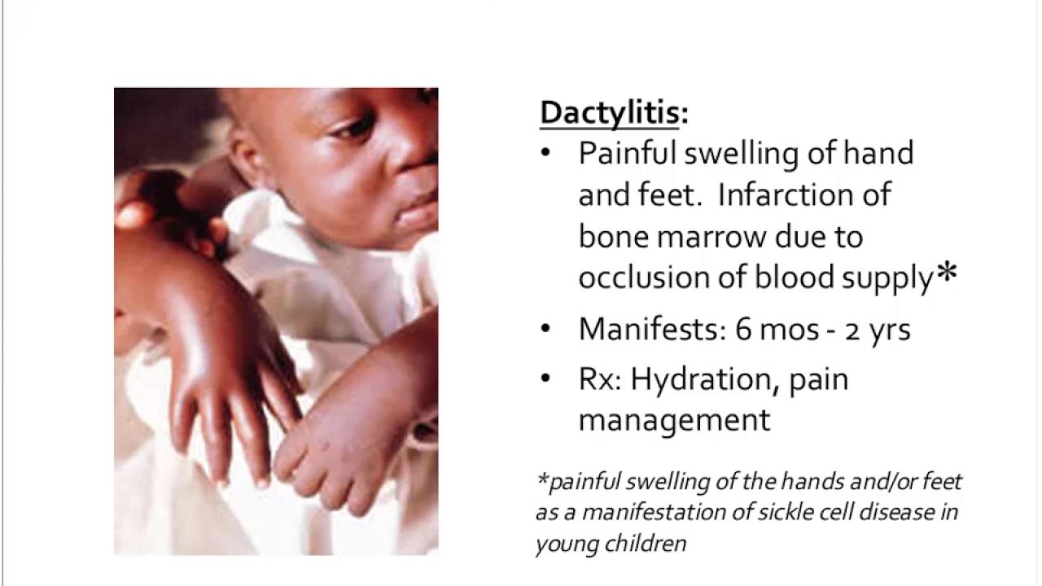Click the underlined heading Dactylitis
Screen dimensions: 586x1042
[609, 113]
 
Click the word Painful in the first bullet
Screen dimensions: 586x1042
[628, 154]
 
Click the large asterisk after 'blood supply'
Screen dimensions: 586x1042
[946, 275]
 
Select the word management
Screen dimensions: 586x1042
[674, 420]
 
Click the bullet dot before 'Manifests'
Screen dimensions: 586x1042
[545, 330]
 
